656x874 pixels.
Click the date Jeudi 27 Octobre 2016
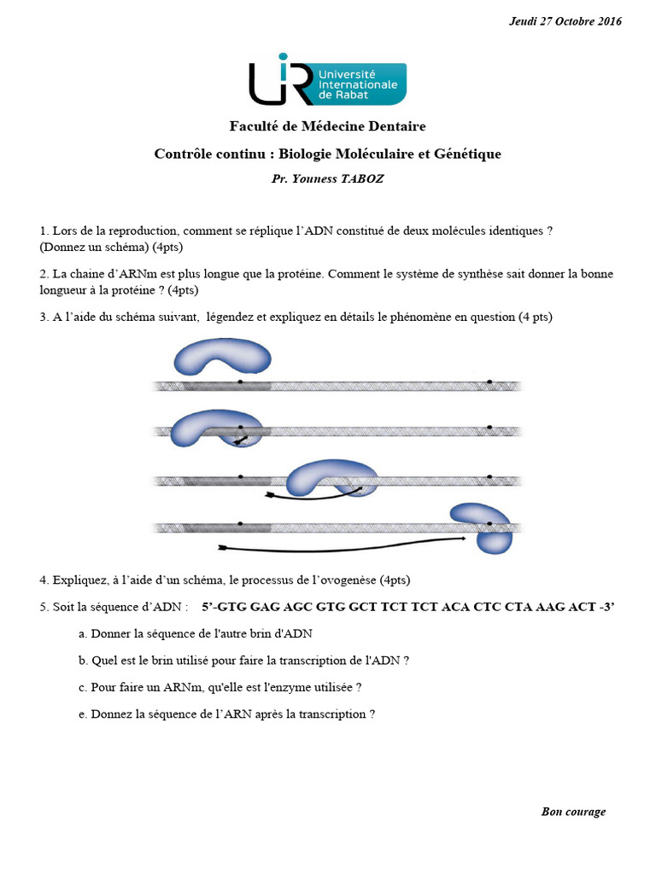[x=565, y=21]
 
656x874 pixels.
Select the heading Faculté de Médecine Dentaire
[x=327, y=126]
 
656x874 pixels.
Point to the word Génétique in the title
[x=467, y=154]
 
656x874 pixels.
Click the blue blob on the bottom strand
[x=481, y=527]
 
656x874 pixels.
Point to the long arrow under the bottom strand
[x=342, y=545]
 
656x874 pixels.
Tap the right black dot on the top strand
[x=489, y=381]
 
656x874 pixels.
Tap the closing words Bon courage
[x=573, y=812]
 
